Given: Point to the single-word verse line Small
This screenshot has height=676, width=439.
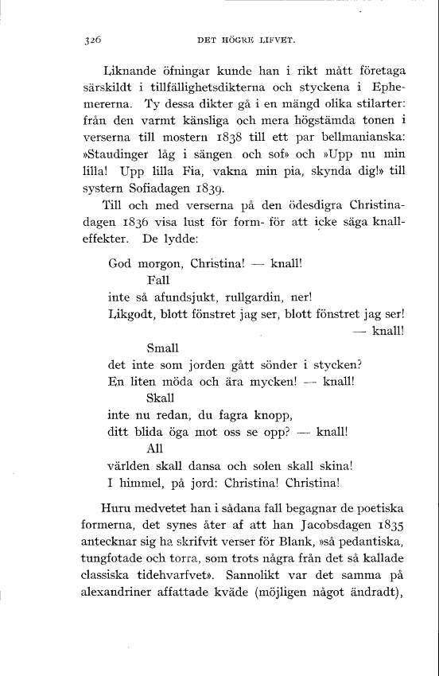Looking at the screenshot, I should coord(163,348).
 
